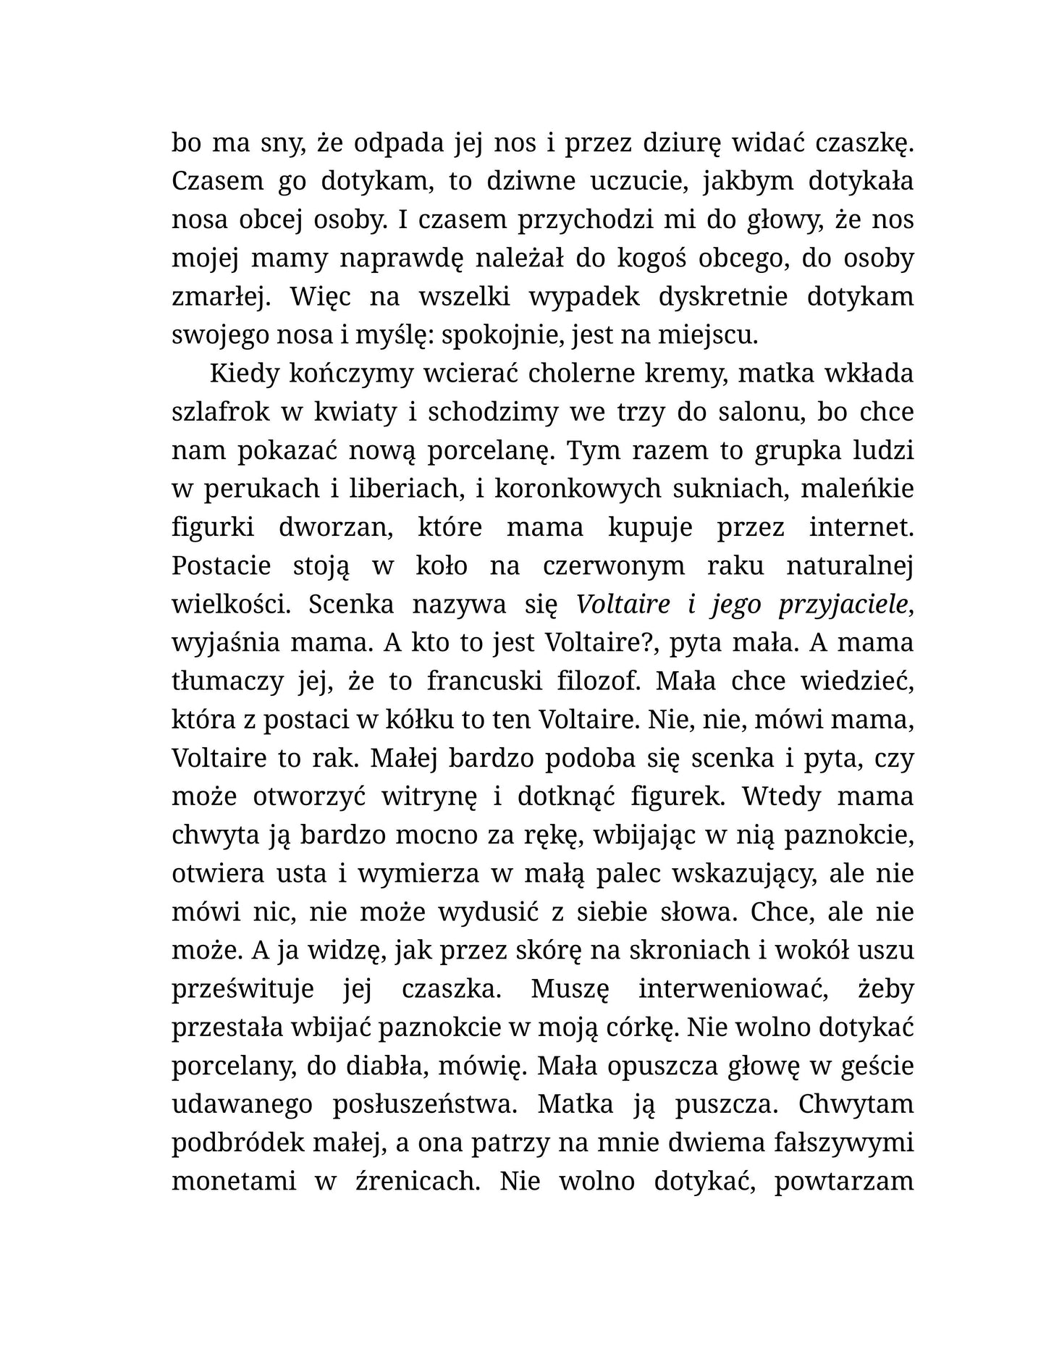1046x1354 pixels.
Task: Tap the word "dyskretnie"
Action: coord(712,298)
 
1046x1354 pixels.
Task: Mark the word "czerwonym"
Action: coord(613,566)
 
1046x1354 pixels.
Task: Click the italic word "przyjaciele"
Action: coord(843,605)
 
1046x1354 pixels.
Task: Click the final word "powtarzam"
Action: coord(843,1181)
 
